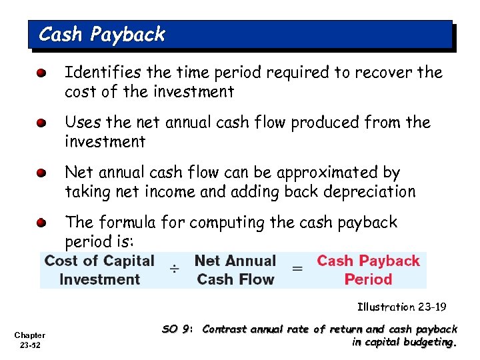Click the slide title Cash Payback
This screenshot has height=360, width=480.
pos(101,35)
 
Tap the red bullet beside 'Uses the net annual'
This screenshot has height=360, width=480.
pos(42,123)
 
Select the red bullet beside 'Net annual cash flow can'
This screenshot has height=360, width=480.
pos(42,173)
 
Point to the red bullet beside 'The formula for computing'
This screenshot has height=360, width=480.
pos(42,222)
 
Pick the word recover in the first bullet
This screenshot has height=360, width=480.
pos(385,72)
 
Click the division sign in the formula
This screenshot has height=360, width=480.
pos(173,269)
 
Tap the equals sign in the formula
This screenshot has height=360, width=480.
pos(297,269)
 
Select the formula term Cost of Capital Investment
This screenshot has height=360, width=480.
pos(99,269)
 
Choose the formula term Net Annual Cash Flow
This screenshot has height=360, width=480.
pos(235,269)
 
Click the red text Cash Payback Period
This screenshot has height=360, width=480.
pos(368,269)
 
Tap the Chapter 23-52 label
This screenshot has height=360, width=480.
pos(31,340)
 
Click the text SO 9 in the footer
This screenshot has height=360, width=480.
pos(178,329)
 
